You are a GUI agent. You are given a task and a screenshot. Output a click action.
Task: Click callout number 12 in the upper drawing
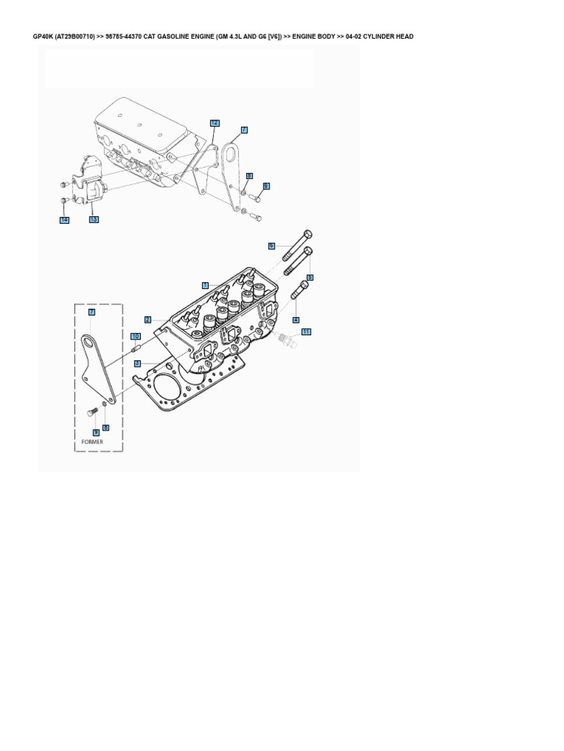[x=214, y=122]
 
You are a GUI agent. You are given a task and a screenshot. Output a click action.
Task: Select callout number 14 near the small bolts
[x=65, y=220]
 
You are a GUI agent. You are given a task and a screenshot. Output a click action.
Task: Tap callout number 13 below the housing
[x=93, y=219]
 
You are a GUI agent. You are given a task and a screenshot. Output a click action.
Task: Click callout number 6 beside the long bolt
[x=271, y=246]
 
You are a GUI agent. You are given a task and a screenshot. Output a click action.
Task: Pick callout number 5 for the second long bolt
[x=310, y=277]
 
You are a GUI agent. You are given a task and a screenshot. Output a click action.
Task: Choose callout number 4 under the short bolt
[x=296, y=319]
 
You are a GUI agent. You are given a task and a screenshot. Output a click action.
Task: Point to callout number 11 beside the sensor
[x=306, y=331]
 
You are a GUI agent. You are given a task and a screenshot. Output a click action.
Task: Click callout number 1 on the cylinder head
[x=206, y=285]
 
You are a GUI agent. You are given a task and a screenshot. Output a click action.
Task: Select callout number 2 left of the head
[x=148, y=319]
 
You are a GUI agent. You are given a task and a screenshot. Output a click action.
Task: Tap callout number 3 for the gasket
[x=137, y=362]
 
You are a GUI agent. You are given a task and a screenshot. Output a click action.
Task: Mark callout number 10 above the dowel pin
[x=135, y=336]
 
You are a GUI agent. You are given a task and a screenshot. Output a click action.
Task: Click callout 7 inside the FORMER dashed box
[x=92, y=312]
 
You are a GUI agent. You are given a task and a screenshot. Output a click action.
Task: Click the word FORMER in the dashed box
[x=93, y=442]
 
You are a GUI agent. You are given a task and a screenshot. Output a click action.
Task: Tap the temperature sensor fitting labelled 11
[x=286, y=338]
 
